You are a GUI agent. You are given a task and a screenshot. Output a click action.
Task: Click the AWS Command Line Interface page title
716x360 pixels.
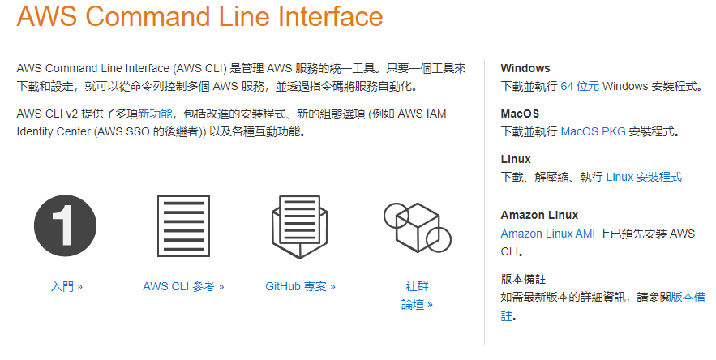coord(199,17)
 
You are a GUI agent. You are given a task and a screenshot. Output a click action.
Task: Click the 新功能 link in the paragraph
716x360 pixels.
coord(155,114)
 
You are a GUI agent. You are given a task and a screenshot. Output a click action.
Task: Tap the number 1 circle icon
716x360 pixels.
coord(65,226)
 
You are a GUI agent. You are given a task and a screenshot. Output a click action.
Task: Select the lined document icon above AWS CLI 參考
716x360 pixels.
coord(183,226)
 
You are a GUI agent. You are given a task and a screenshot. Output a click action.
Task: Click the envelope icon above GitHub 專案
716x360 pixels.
coord(300,226)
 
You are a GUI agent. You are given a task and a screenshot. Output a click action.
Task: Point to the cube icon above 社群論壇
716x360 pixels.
coord(416,226)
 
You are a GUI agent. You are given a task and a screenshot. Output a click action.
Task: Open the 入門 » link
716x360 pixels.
coord(66,286)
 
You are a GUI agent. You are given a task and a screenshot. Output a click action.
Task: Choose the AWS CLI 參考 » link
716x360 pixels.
coord(183,286)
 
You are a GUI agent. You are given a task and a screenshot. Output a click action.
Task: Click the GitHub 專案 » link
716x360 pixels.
coord(300,286)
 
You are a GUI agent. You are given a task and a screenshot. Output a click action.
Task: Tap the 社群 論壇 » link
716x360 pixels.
coord(417,296)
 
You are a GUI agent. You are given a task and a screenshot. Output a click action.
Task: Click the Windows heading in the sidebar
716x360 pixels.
coord(525,69)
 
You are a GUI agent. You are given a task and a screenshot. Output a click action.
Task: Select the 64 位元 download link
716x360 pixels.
coord(580,86)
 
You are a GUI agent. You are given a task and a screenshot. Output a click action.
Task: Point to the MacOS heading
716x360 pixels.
coord(520,114)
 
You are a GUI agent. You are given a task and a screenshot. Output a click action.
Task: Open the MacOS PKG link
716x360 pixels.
coord(593,131)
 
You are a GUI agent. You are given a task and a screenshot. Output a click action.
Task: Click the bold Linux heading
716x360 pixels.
coord(516,160)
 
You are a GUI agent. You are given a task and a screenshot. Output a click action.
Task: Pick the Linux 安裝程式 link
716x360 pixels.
coord(644,177)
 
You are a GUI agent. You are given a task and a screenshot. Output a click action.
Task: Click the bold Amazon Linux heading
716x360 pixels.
coord(539,215)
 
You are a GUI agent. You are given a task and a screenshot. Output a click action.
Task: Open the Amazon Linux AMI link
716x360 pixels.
coord(547,234)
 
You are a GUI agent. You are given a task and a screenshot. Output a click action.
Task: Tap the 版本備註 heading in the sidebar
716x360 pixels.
coord(524,279)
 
